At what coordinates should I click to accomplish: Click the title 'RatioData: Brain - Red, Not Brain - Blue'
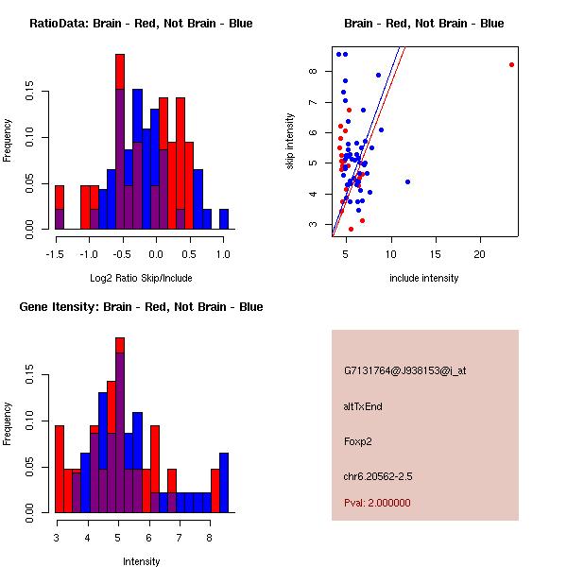click(x=141, y=24)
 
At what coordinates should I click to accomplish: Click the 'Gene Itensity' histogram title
click(x=141, y=307)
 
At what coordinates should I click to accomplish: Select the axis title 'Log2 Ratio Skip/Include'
click(x=141, y=278)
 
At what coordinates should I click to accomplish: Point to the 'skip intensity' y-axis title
click(x=290, y=142)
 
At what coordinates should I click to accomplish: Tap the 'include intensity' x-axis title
click(x=424, y=278)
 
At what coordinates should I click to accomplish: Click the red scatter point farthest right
click(x=511, y=64)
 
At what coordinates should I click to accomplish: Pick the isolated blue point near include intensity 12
click(x=407, y=181)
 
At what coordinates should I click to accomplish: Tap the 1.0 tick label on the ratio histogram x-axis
click(x=222, y=254)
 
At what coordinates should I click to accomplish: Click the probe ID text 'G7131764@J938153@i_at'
click(x=404, y=370)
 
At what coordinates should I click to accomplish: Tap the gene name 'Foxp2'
click(x=358, y=441)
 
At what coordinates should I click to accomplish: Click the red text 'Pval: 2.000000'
click(x=377, y=503)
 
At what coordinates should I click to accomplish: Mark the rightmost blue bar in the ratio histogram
click(x=224, y=219)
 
